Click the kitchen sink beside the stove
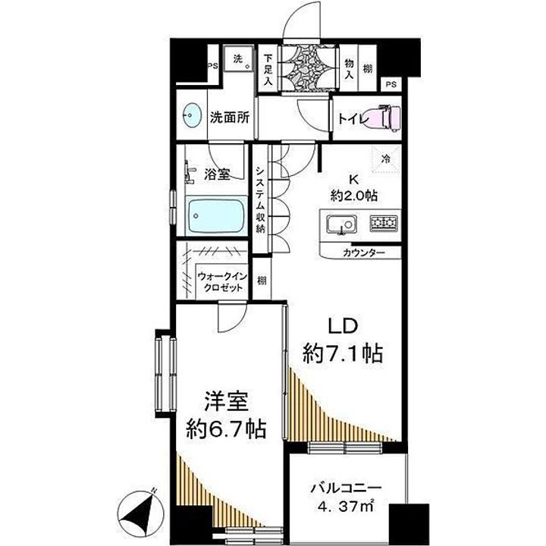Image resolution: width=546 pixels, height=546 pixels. pyautogui.click(x=340, y=224)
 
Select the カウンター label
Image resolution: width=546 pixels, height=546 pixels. pyautogui.click(x=363, y=253)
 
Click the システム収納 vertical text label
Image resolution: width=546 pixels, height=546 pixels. pyautogui.click(x=259, y=199)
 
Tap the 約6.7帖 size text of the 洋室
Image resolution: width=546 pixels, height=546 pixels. pyautogui.click(x=226, y=429)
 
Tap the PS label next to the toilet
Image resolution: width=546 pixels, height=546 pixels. pyautogui.click(x=390, y=84)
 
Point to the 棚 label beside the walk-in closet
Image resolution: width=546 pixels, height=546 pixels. pyautogui.click(x=259, y=281)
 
